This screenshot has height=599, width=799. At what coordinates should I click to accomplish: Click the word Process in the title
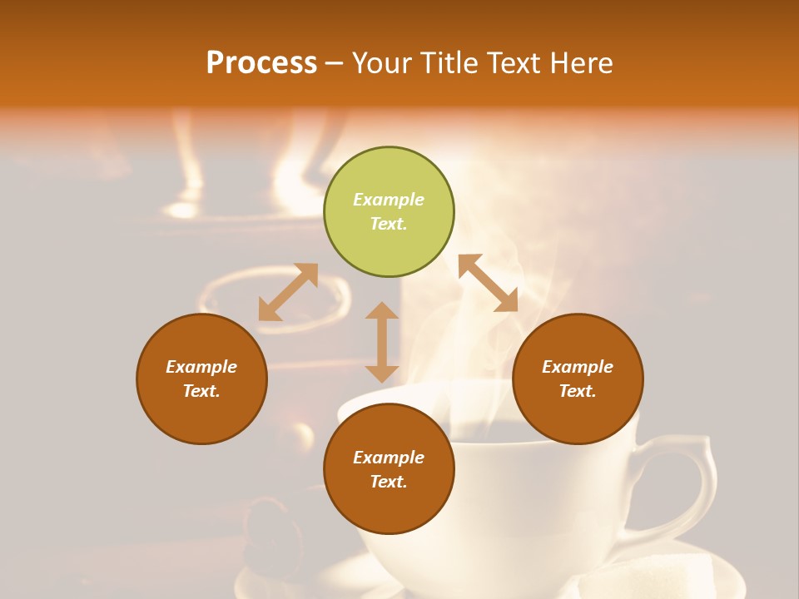tap(261, 62)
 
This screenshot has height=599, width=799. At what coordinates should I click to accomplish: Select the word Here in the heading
tap(580, 62)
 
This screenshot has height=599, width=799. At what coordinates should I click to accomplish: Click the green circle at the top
tap(389, 212)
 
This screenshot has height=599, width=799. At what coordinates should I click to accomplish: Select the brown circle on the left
tap(201, 379)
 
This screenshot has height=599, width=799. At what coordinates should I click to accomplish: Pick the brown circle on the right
tap(578, 379)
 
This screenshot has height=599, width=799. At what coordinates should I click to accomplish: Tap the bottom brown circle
tap(389, 468)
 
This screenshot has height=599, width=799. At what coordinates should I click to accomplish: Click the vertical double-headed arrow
tap(382, 342)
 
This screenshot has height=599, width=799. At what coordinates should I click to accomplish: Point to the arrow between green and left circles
tap(288, 292)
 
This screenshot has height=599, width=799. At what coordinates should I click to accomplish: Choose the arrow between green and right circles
tap(488, 283)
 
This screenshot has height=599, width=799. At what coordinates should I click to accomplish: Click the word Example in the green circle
tap(389, 200)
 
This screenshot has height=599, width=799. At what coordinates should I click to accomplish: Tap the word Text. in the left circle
tap(201, 391)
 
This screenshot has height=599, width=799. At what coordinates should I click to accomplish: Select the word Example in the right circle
tap(578, 367)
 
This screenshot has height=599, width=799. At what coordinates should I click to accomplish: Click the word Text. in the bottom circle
tap(389, 482)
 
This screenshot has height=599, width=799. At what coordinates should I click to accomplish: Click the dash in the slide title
tap(334, 63)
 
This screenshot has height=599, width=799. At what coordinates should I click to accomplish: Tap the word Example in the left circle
tap(201, 367)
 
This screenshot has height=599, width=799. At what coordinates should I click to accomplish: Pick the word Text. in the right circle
tap(578, 391)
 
